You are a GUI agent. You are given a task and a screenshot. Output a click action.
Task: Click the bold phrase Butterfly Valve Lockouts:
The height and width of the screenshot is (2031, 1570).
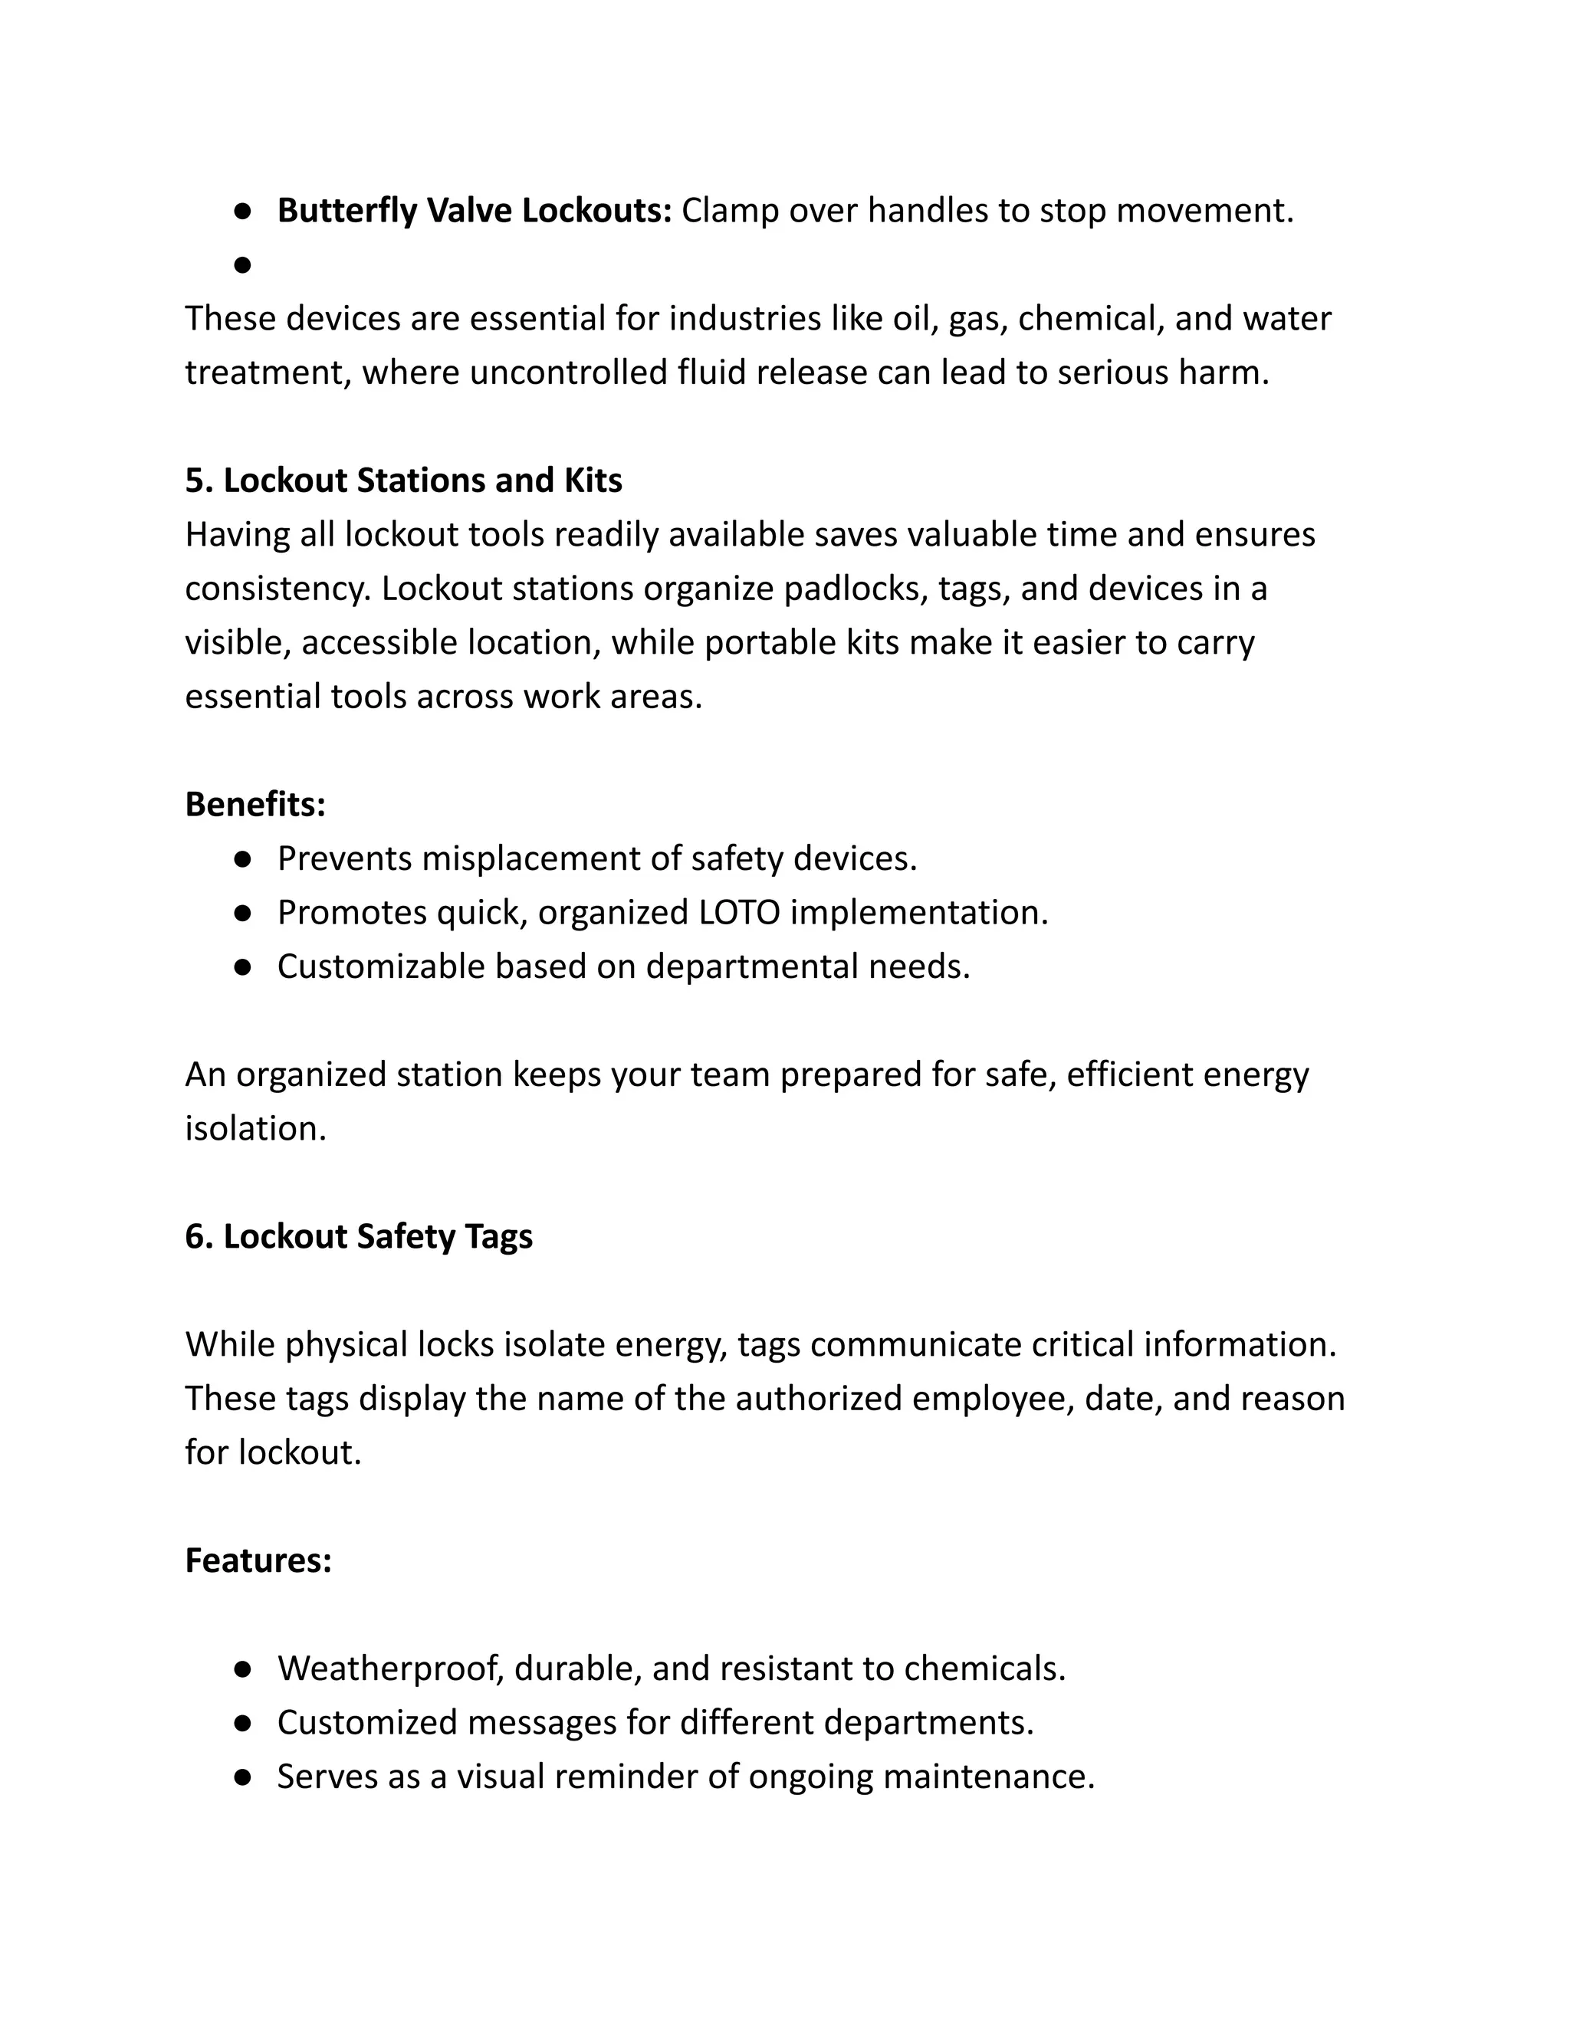click(475, 211)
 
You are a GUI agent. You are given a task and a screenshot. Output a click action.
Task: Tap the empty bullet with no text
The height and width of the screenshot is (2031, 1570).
click(243, 266)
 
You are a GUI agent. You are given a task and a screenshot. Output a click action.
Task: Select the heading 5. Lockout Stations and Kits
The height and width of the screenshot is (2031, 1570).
click(404, 481)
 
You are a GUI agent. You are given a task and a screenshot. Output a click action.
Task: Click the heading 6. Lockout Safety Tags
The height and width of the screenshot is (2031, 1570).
click(359, 1237)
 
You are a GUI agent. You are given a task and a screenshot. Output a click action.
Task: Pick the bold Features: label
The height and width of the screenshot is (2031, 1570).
click(258, 1560)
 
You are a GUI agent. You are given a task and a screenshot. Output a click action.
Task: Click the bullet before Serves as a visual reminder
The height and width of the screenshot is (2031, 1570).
click(243, 1777)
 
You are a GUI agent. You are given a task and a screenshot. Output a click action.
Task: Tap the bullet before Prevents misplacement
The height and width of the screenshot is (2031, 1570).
click(243, 859)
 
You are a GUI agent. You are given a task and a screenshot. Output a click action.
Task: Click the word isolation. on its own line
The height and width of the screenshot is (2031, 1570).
click(256, 1129)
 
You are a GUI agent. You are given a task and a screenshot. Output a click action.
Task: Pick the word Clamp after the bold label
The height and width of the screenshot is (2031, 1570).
click(730, 211)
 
